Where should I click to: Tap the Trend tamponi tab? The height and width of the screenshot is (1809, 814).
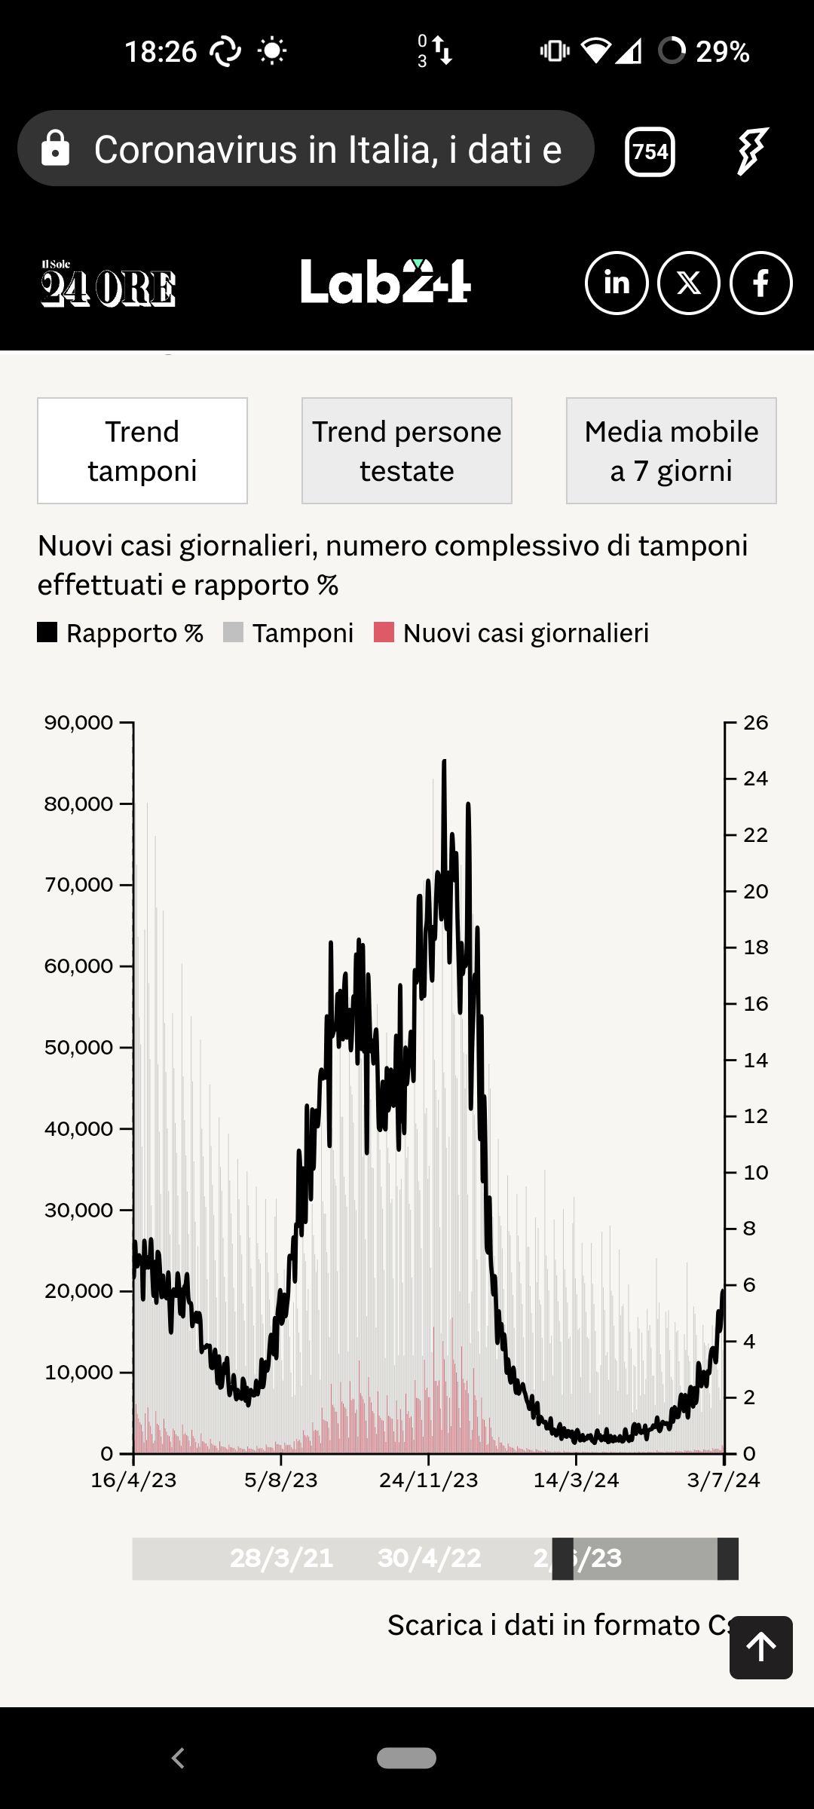pyautogui.click(x=142, y=451)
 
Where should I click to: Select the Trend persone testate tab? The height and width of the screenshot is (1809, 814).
pyautogui.click(x=407, y=451)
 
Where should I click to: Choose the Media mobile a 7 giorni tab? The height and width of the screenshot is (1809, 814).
pyautogui.click(x=672, y=451)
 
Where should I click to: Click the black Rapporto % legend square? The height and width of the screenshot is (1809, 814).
pyautogui.click(x=47, y=632)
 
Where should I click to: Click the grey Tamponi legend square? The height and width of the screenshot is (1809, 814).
pyautogui.click(x=234, y=632)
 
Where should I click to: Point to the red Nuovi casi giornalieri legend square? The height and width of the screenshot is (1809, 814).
pyautogui.click(x=384, y=632)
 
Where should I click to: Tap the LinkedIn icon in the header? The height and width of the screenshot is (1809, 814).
pyautogui.click(x=617, y=283)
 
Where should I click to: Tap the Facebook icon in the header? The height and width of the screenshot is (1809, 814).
pyautogui.click(x=761, y=283)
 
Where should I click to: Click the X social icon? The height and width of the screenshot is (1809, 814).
pyautogui.click(x=689, y=283)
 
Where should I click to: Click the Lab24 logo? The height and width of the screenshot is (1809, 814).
pyautogui.click(x=386, y=282)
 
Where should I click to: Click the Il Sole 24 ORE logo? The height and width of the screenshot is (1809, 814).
pyautogui.click(x=108, y=283)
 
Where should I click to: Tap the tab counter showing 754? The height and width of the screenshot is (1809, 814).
pyautogui.click(x=650, y=152)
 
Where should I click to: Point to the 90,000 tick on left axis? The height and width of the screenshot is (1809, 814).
pyautogui.click(x=78, y=722)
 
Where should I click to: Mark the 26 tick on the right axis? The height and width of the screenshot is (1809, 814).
pyautogui.click(x=755, y=722)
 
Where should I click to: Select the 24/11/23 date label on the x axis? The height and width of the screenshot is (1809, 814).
pyautogui.click(x=428, y=1480)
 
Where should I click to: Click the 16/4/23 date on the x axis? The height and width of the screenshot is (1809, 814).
pyautogui.click(x=133, y=1480)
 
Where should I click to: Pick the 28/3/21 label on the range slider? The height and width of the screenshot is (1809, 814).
pyautogui.click(x=281, y=1558)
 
